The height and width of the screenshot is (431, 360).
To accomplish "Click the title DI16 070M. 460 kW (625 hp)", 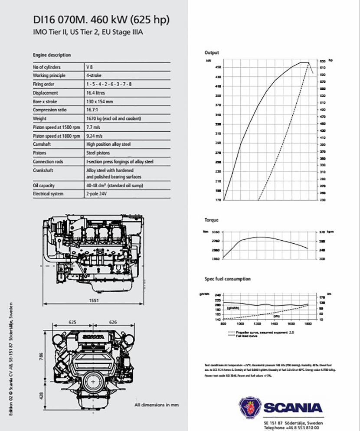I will point(101,20).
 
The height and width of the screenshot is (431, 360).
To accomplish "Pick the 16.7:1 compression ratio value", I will point(93,110).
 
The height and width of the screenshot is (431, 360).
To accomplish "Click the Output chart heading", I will point(212,52).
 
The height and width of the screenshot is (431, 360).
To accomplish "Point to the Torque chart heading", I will point(212,220).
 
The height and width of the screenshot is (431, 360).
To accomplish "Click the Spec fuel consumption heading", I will point(227,279).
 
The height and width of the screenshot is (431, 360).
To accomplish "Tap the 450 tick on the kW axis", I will point(217,67).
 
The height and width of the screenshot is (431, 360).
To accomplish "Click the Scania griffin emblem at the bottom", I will point(249,408).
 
